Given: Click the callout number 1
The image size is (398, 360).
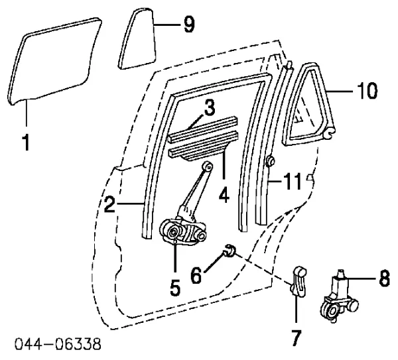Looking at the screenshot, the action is click(27, 143).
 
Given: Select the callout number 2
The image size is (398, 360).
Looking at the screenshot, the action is click(109, 204).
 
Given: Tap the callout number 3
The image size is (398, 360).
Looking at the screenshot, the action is click(209, 107).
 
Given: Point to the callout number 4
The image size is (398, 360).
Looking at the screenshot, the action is click(224, 195).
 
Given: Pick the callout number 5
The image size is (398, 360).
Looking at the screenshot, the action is click(175, 288).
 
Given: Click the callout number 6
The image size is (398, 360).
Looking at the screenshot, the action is click(196, 275).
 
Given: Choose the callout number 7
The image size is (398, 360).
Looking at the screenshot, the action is click(296, 338).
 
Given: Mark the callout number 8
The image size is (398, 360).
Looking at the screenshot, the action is click(384, 278).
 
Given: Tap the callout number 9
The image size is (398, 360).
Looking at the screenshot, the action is click(189, 25).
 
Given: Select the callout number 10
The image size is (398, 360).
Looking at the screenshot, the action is click(367, 91).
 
